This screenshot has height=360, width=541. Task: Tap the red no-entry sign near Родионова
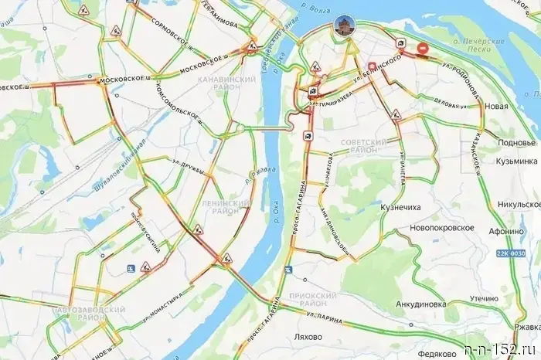click(x=423, y=49)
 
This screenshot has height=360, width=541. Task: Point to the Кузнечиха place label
click(x=401, y=208)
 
